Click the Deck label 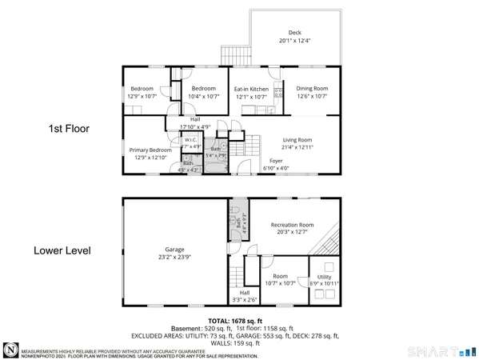pos(294,33)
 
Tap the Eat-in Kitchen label pos(251,89)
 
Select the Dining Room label pos(312,89)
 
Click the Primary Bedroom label pos(150,150)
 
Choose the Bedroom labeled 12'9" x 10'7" pos(142,89)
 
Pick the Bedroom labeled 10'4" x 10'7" pos(203,89)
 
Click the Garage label pos(174,249)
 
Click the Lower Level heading pos(62,250)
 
